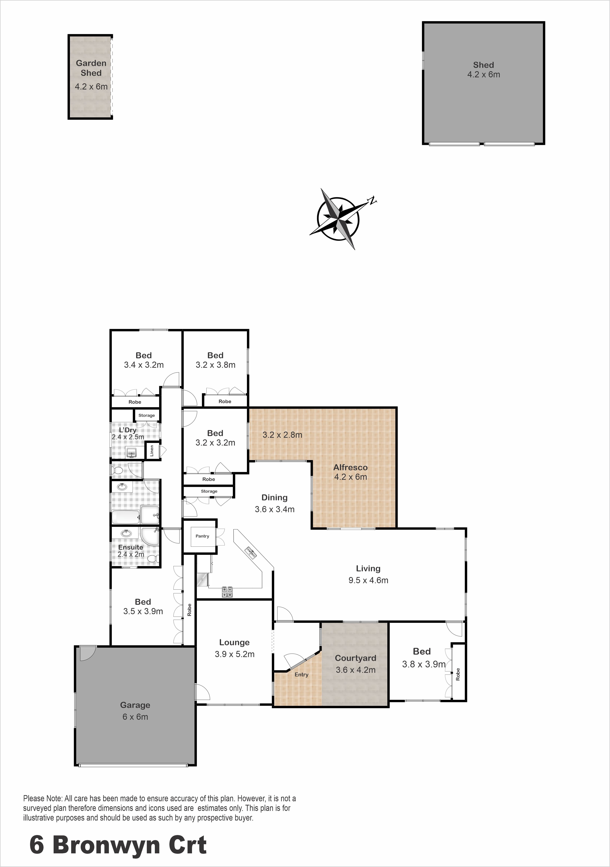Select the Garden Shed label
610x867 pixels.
tap(91, 68)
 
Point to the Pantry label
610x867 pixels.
tap(202, 536)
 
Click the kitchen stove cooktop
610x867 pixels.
tap(227, 591)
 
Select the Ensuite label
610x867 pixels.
tap(131, 547)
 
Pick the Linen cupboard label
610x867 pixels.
tap(152, 450)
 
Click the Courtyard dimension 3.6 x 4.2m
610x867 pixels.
tap(356, 670)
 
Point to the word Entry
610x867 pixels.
tap(302, 674)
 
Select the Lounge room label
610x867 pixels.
tap(234, 642)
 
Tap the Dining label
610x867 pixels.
tap(274, 497)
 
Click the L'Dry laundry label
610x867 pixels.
tap(128, 430)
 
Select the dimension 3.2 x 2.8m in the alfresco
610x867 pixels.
tap(282, 435)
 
